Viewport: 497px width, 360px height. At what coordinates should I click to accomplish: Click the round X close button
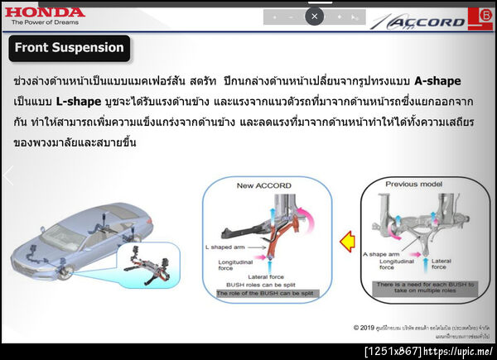coord(314,16)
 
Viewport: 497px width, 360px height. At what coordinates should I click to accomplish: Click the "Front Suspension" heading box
coord(70,48)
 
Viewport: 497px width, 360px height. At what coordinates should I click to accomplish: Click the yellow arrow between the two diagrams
coord(350,241)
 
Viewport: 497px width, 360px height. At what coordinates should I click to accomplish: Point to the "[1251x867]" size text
coord(393,352)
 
